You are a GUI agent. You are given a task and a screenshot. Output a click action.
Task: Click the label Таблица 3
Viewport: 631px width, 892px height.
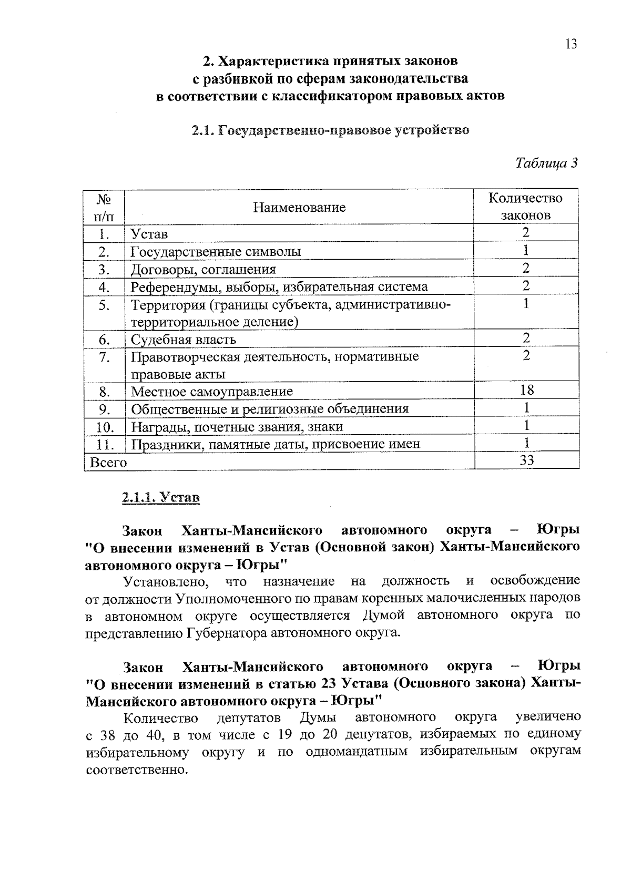546,163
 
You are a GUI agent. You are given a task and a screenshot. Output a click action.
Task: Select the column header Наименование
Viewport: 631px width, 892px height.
299,207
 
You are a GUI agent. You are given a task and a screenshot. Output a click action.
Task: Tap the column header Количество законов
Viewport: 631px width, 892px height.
525,207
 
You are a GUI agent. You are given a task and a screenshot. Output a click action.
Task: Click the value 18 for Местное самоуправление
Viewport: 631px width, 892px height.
526,390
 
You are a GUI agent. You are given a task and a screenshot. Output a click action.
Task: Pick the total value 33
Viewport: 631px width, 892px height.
526,460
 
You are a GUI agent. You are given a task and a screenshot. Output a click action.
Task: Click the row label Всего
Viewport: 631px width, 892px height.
108,463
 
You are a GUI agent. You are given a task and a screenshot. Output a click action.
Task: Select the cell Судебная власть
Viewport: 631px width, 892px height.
184,340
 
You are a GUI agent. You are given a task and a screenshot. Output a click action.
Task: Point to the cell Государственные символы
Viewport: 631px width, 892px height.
216,252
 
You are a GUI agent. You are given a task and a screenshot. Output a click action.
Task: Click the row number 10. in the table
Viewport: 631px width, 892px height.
105,427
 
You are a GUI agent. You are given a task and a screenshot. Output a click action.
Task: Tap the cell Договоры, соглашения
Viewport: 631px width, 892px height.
203,270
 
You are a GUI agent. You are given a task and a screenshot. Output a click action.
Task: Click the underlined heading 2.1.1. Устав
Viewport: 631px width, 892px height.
161,497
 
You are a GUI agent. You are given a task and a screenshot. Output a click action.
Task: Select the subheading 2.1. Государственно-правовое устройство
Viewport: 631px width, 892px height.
330,130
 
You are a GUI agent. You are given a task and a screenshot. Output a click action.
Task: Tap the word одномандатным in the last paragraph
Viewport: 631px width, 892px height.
356,752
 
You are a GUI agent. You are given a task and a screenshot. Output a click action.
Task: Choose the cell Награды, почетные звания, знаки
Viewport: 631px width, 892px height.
237,427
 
